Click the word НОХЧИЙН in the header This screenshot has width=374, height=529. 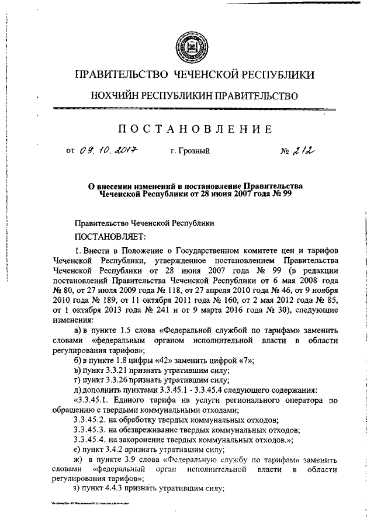(x=115, y=95)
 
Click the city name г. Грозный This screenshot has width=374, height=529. (x=191, y=152)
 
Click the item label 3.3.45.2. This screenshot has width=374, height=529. (x=94, y=420)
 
